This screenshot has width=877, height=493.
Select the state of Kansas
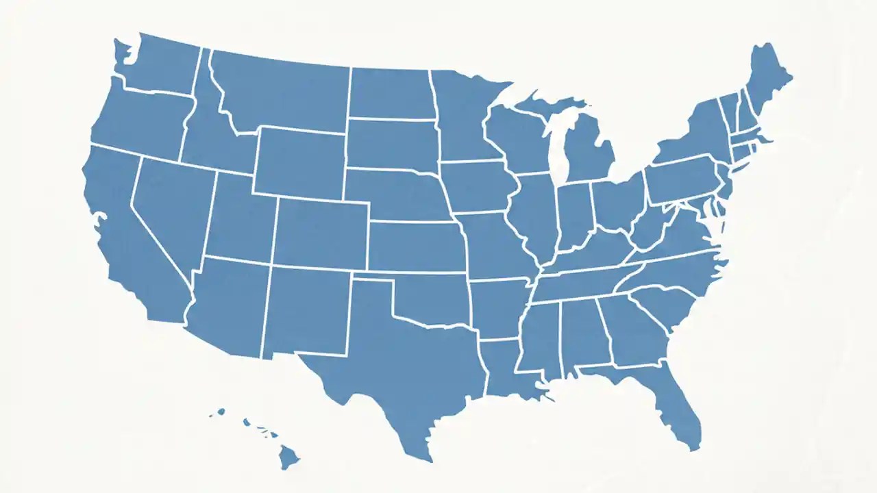pos(415,246)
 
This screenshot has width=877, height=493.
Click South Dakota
pos(391,144)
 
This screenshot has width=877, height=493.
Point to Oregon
pos(140,120)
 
